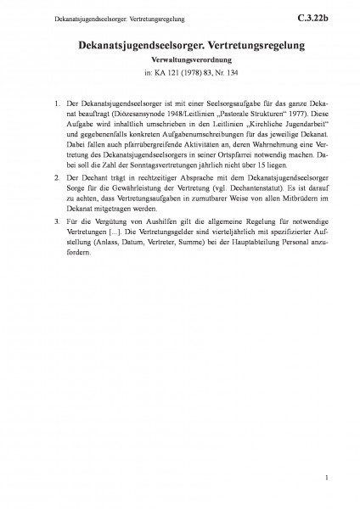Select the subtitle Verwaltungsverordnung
coord(179,63)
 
